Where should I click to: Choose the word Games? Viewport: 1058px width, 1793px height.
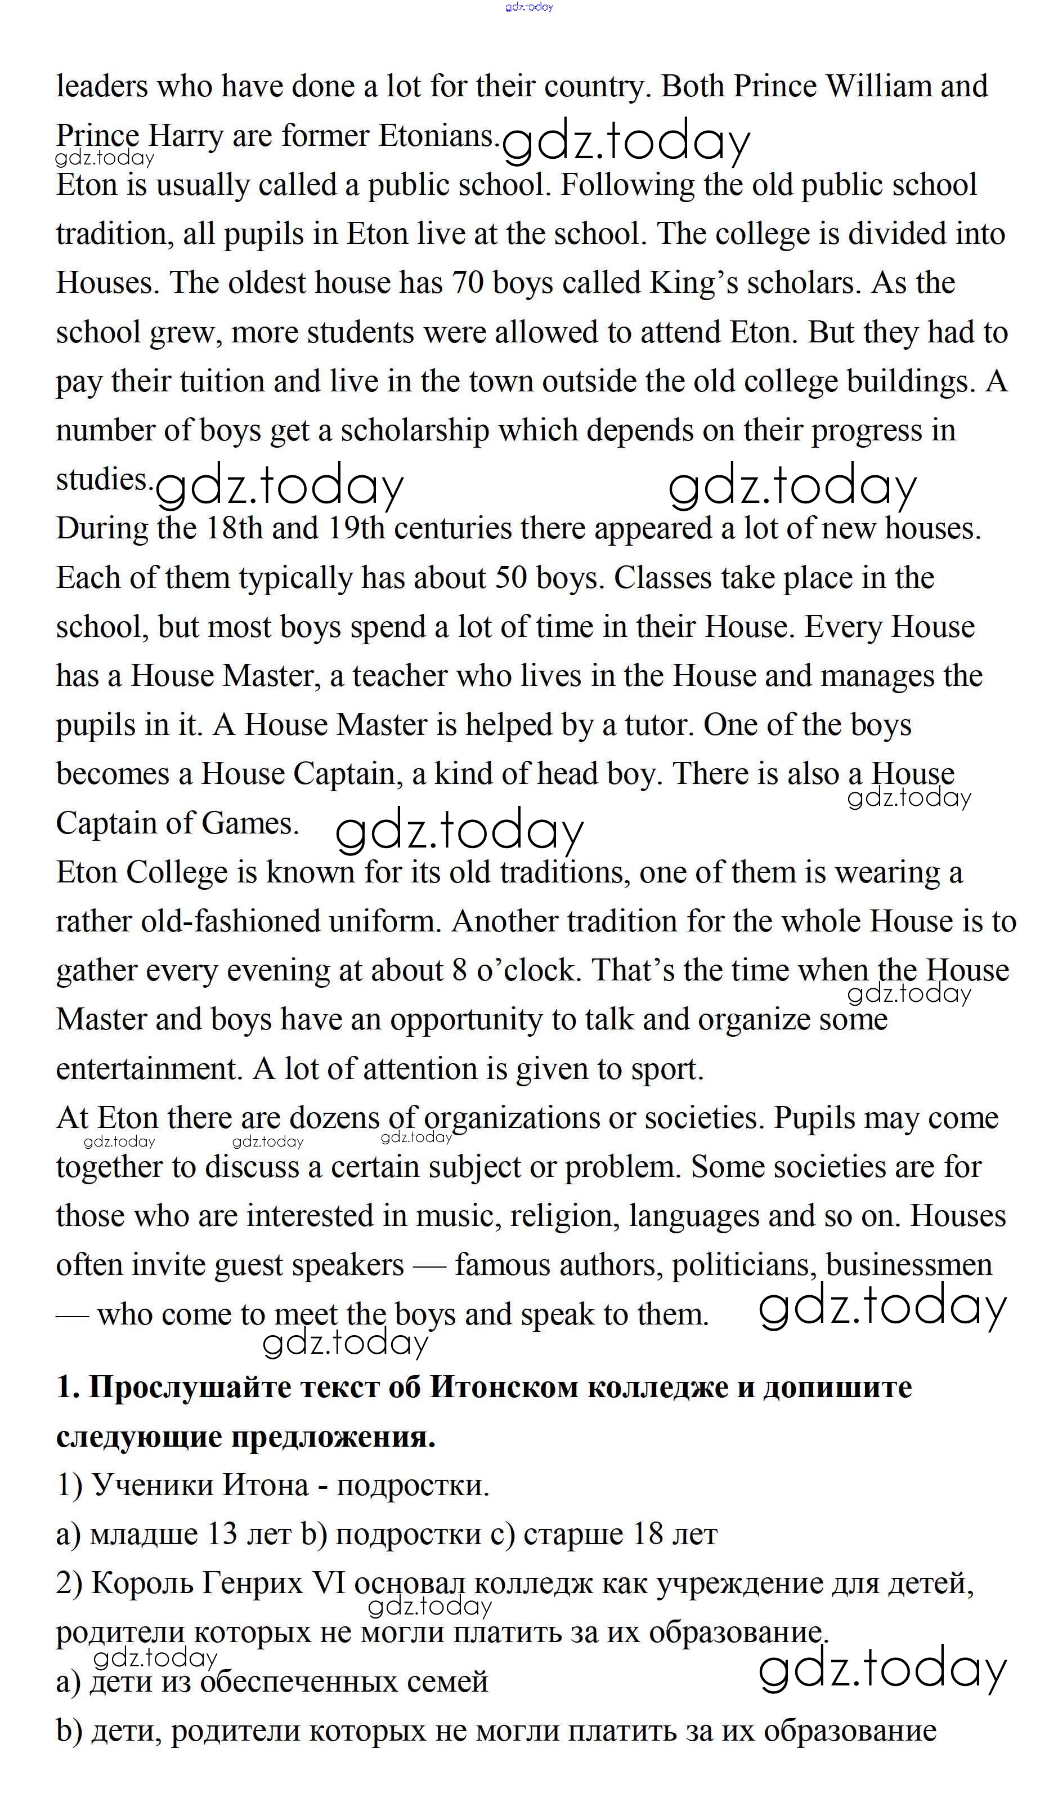coord(249,824)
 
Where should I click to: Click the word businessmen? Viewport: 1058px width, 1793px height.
coord(909,1265)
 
